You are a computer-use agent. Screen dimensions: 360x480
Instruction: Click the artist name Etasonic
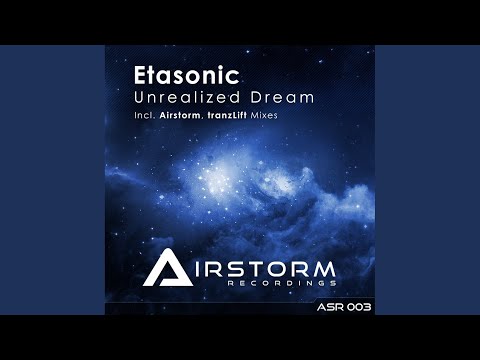pyautogui.click(x=191, y=75)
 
